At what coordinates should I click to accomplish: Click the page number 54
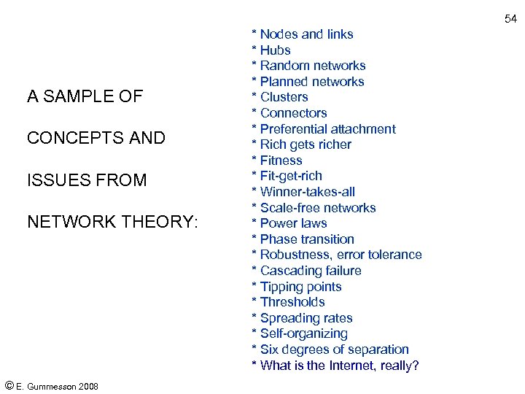pos(510,18)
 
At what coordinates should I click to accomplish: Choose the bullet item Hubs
pos(275,50)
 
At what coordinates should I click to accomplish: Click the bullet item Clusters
pos(284,97)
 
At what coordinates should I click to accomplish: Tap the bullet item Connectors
pos(293,113)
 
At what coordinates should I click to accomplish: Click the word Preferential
pos(293,129)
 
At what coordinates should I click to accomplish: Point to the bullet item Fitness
pos(281,161)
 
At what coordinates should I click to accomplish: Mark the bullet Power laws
pos(293,223)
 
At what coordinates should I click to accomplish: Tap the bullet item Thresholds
pos(292,302)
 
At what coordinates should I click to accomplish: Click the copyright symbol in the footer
pos(9,385)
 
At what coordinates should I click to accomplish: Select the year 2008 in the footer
pos(87,386)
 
